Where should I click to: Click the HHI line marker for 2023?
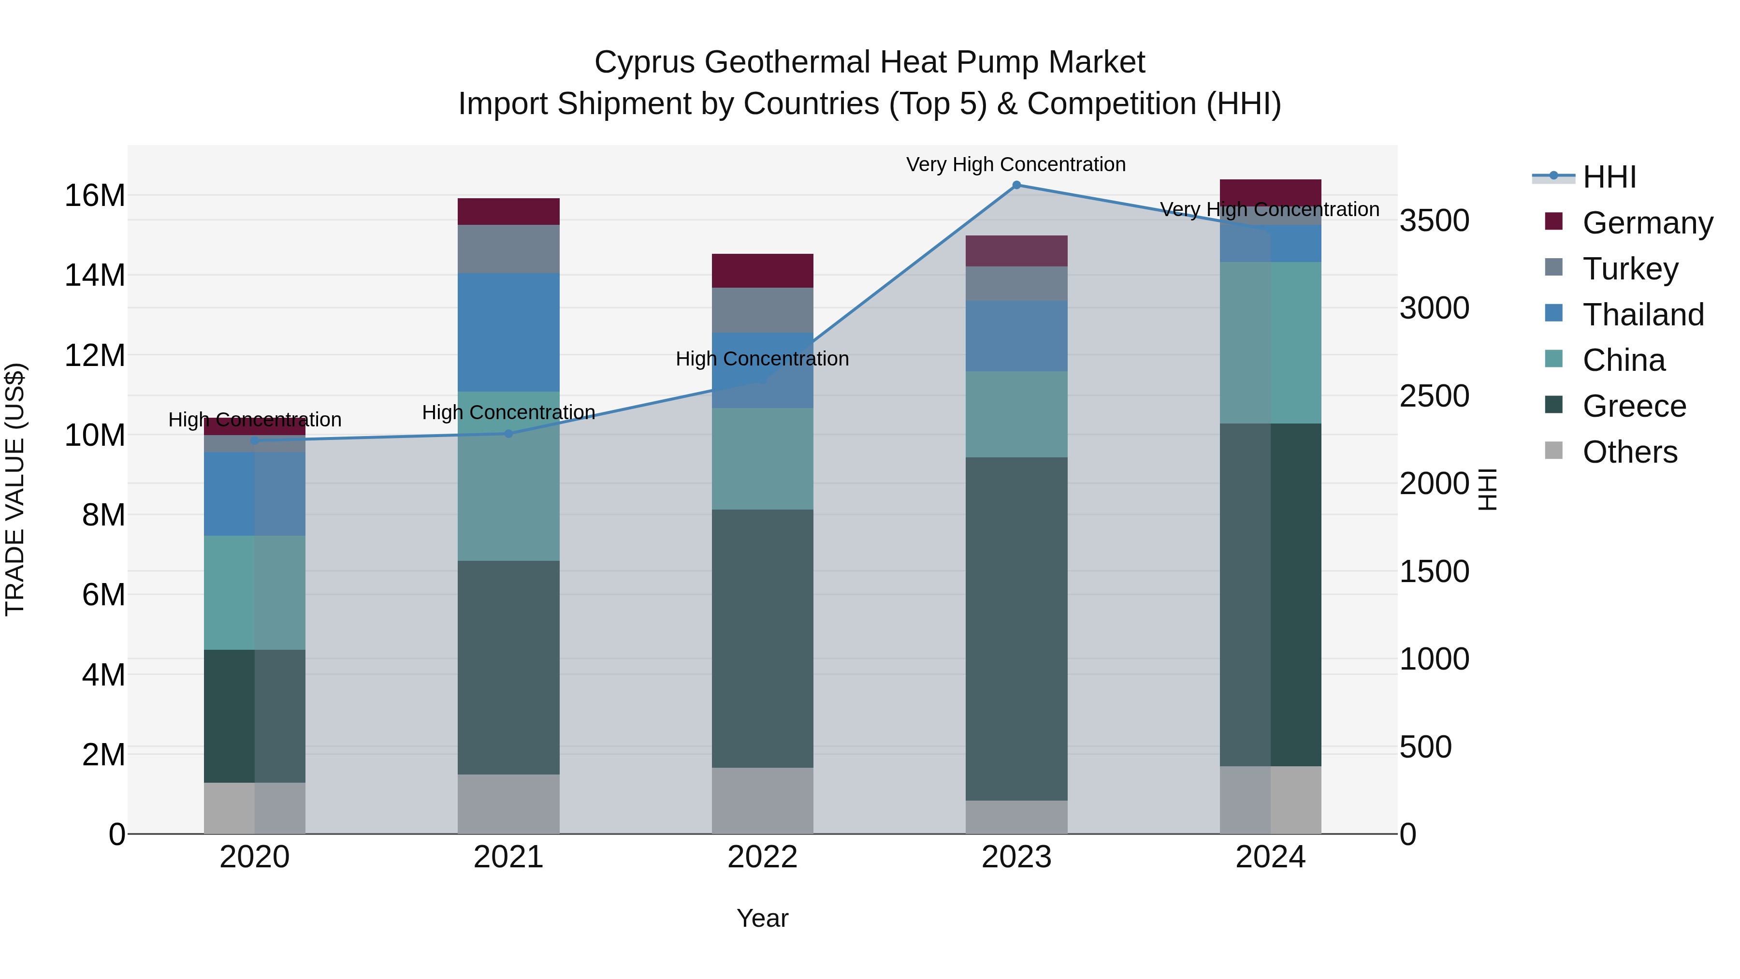click(x=1016, y=185)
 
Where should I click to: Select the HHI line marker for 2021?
click(x=508, y=434)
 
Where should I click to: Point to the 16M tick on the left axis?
click(x=95, y=196)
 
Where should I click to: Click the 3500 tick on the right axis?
click(x=1434, y=221)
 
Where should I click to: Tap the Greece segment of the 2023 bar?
click(x=1016, y=628)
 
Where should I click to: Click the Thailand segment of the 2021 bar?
click(x=508, y=333)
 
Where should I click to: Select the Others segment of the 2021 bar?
click(x=508, y=804)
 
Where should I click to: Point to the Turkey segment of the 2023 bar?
click(x=1016, y=284)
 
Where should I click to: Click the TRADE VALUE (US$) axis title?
click(x=15, y=489)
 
